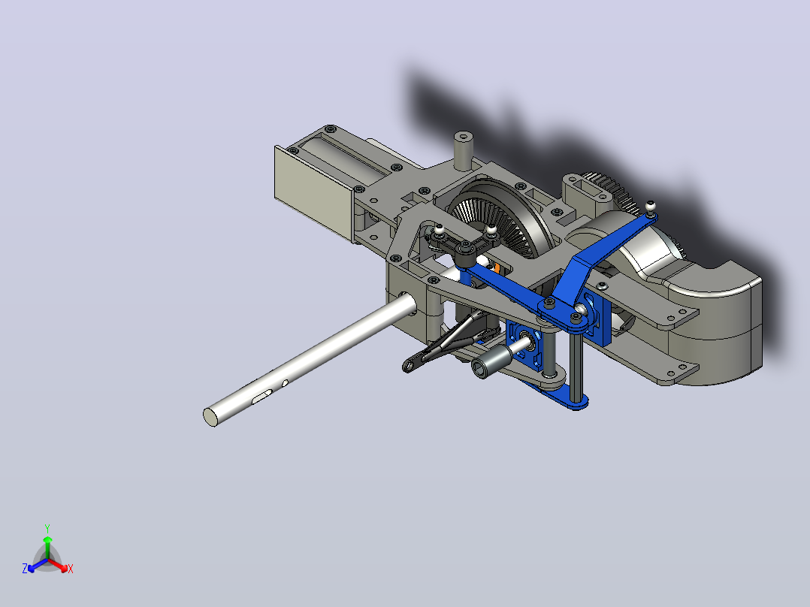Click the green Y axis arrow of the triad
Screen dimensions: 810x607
pos(47,547)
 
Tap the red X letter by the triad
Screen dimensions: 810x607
pos(71,569)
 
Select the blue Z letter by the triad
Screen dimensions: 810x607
pos(24,568)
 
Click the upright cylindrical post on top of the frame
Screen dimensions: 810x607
pos(464,150)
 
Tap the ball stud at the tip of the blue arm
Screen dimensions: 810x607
pos(650,207)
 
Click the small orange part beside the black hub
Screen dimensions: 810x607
pos(497,267)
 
